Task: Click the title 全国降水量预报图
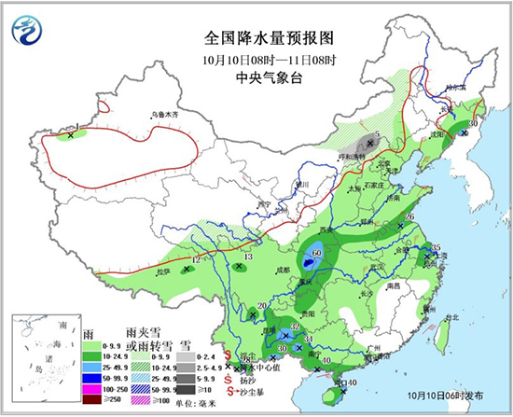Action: [x=256, y=40]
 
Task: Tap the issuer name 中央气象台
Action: [x=256, y=77]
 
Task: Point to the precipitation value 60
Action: [x=317, y=253]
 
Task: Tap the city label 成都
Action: [x=283, y=271]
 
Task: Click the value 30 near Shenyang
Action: [x=473, y=123]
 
